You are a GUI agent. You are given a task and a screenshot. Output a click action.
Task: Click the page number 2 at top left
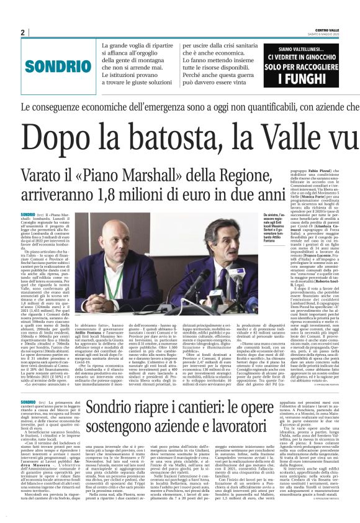pos(22,32)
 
